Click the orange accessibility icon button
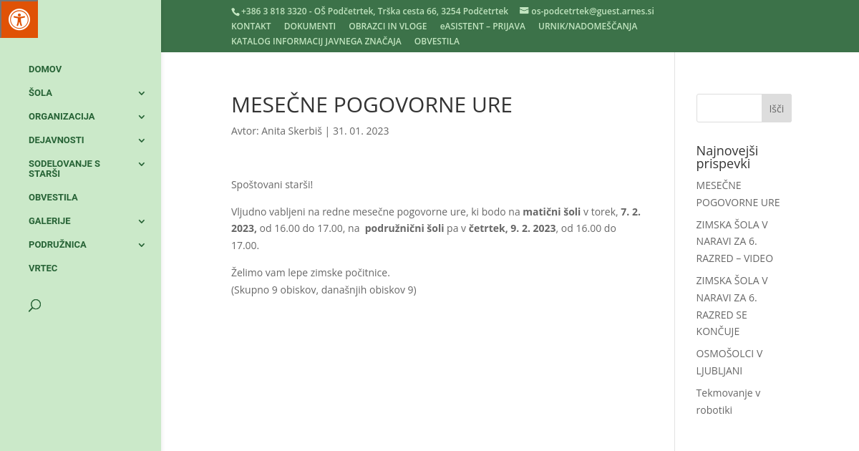pos(19,19)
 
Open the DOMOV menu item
pos(45,69)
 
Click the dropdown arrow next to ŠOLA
pos(142,93)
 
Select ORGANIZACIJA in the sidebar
pos(62,117)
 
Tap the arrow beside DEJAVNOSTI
pos(142,140)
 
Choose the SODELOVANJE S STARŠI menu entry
pos(64,169)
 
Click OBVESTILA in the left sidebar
pos(53,198)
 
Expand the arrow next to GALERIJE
pos(142,221)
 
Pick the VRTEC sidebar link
pos(43,268)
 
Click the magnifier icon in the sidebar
pos(34,306)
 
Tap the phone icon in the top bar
pos(236,11)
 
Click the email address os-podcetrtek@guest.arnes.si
pos(592,11)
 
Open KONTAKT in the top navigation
pos(251,26)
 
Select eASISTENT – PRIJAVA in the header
pos(482,26)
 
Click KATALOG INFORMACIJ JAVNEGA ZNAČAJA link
pos(316,42)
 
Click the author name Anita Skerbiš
pos(291,131)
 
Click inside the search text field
pos(729,108)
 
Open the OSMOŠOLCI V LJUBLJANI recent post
pos(729,362)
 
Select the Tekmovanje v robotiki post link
pos(728,402)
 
